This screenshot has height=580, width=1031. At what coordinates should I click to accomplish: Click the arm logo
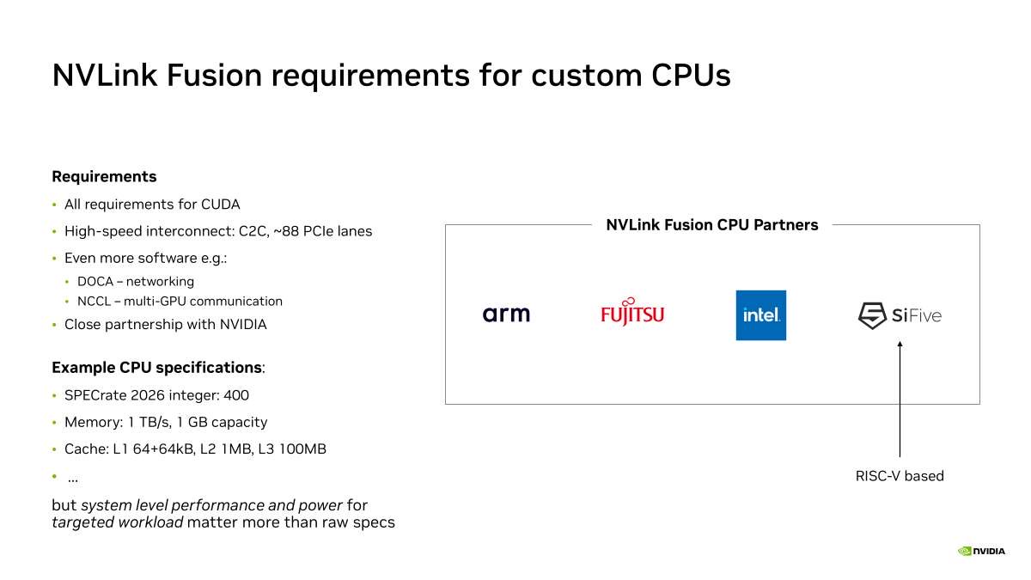pos(506,314)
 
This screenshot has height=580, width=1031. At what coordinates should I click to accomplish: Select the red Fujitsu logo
pos(632,312)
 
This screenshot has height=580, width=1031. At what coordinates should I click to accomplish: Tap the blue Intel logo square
pos(761,315)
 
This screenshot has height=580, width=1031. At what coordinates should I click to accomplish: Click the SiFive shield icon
pos(872,315)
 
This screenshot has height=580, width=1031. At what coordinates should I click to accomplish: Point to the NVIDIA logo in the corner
pos(981,551)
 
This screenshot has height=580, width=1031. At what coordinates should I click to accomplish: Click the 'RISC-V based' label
pos(900,476)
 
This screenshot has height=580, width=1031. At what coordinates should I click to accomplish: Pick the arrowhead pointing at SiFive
pos(900,344)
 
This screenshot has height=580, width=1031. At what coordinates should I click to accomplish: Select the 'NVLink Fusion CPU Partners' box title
pos(712,224)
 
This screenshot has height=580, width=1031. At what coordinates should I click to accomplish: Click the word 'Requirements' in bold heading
pos(104,177)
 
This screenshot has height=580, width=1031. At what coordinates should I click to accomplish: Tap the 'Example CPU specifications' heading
pos(157,368)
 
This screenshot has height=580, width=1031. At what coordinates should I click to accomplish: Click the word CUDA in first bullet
pos(221,205)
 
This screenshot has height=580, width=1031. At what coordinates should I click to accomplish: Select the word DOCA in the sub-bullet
pos(95,281)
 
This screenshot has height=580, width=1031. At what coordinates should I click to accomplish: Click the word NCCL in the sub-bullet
pos(94,301)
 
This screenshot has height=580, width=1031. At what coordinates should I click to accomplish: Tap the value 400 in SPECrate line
pos(236,395)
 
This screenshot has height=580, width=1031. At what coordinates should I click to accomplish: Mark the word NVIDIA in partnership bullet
pos(243,325)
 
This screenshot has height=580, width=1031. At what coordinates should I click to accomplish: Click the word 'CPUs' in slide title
pos(691,75)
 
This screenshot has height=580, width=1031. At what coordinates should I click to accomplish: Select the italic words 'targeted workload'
pos(118,522)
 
